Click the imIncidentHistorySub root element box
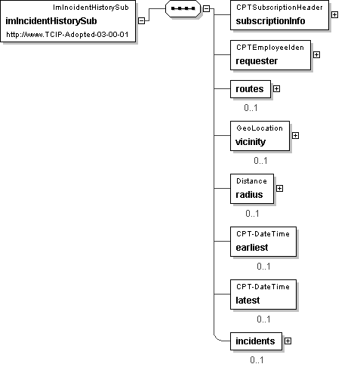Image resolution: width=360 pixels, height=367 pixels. [x=68, y=21]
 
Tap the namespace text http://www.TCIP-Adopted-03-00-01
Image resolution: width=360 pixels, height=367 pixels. [x=67, y=35]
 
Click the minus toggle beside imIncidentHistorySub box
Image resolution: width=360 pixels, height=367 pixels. [x=142, y=21]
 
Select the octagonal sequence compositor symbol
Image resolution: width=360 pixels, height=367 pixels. [x=183, y=8]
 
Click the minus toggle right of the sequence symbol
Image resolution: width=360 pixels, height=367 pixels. [x=206, y=8]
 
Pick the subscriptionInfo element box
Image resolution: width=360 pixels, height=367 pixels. [x=279, y=15]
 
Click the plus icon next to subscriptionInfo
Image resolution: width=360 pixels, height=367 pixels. [x=334, y=15]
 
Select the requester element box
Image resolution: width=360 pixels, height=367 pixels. [x=270, y=55]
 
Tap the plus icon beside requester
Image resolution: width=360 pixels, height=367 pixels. [x=316, y=54]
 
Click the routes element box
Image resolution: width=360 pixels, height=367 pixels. [x=251, y=89]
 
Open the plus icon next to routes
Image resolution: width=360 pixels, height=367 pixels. [x=276, y=89]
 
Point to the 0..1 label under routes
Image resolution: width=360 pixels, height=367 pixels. [x=251, y=108]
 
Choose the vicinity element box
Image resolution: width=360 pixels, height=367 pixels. [x=260, y=136]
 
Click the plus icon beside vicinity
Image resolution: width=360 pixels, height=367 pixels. [x=295, y=136]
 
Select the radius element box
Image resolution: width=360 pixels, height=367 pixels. [x=252, y=189]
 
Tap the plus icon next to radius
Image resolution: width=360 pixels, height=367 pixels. [x=279, y=189]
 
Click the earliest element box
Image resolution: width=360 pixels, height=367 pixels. [x=263, y=242]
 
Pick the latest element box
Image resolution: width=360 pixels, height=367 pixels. [x=263, y=295]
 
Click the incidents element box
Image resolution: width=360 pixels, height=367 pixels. [x=256, y=341]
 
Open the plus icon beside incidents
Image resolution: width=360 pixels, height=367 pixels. [x=288, y=341]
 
